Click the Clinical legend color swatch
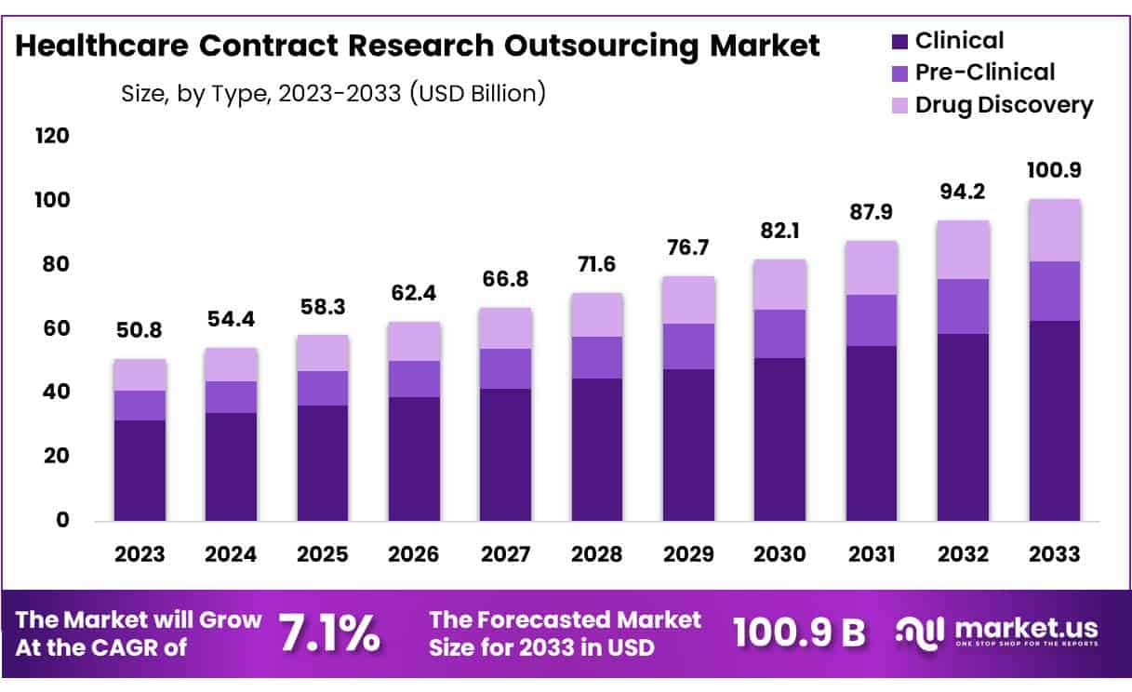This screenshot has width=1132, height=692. (x=899, y=42)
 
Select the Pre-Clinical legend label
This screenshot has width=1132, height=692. (x=985, y=73)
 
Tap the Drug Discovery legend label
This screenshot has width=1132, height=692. (x=1004, y=105)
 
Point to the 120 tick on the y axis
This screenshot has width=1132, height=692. (x=53, y=137)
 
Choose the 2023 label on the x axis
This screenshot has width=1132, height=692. (x=140, y=554)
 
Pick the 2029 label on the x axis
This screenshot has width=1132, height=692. (x=689, y=554)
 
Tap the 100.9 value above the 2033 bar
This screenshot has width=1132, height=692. (x=1055, y=172)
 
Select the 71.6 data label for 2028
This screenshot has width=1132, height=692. (x=597, y=267)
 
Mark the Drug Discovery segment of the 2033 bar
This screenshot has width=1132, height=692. (x=1055, y=230)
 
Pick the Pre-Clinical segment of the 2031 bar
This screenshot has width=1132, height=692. (x=872, y=320)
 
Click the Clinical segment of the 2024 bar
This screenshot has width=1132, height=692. (x=232, y=466)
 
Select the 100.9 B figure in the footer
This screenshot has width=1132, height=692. (x=799, y=632)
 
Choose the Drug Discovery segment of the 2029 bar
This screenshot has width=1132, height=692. (x=689, y=299)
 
